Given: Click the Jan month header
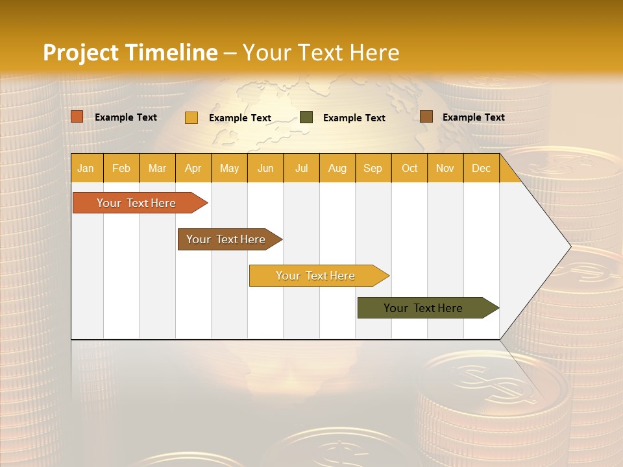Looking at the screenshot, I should tap(86, 168).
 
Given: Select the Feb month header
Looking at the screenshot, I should tap(121, 168).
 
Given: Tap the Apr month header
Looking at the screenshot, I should tap(193, 168).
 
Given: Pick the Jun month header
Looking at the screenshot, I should tap(265, 168).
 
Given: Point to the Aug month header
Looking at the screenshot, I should tap(337, 168).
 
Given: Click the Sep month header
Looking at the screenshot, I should tap(373, 168).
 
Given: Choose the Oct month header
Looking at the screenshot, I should tap(409, 168).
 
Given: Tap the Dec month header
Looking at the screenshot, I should tap(481, 168).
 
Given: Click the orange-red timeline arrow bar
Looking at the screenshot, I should tap(136, 203).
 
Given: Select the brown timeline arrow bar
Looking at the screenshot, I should tap(226, 239).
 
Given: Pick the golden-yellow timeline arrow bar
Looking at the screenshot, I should tap(315, 276).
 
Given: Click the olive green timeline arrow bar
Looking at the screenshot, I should tap(423, 308).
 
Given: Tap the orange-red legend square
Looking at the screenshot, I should tap(77, 117).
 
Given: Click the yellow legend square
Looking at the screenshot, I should tap(191, 117).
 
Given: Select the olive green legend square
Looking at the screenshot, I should tap(306, 117).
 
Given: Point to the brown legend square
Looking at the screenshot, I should tap(426, 117).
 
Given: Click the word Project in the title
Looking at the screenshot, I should tap(80, 53).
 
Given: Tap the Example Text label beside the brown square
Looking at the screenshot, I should tap(473, 117).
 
